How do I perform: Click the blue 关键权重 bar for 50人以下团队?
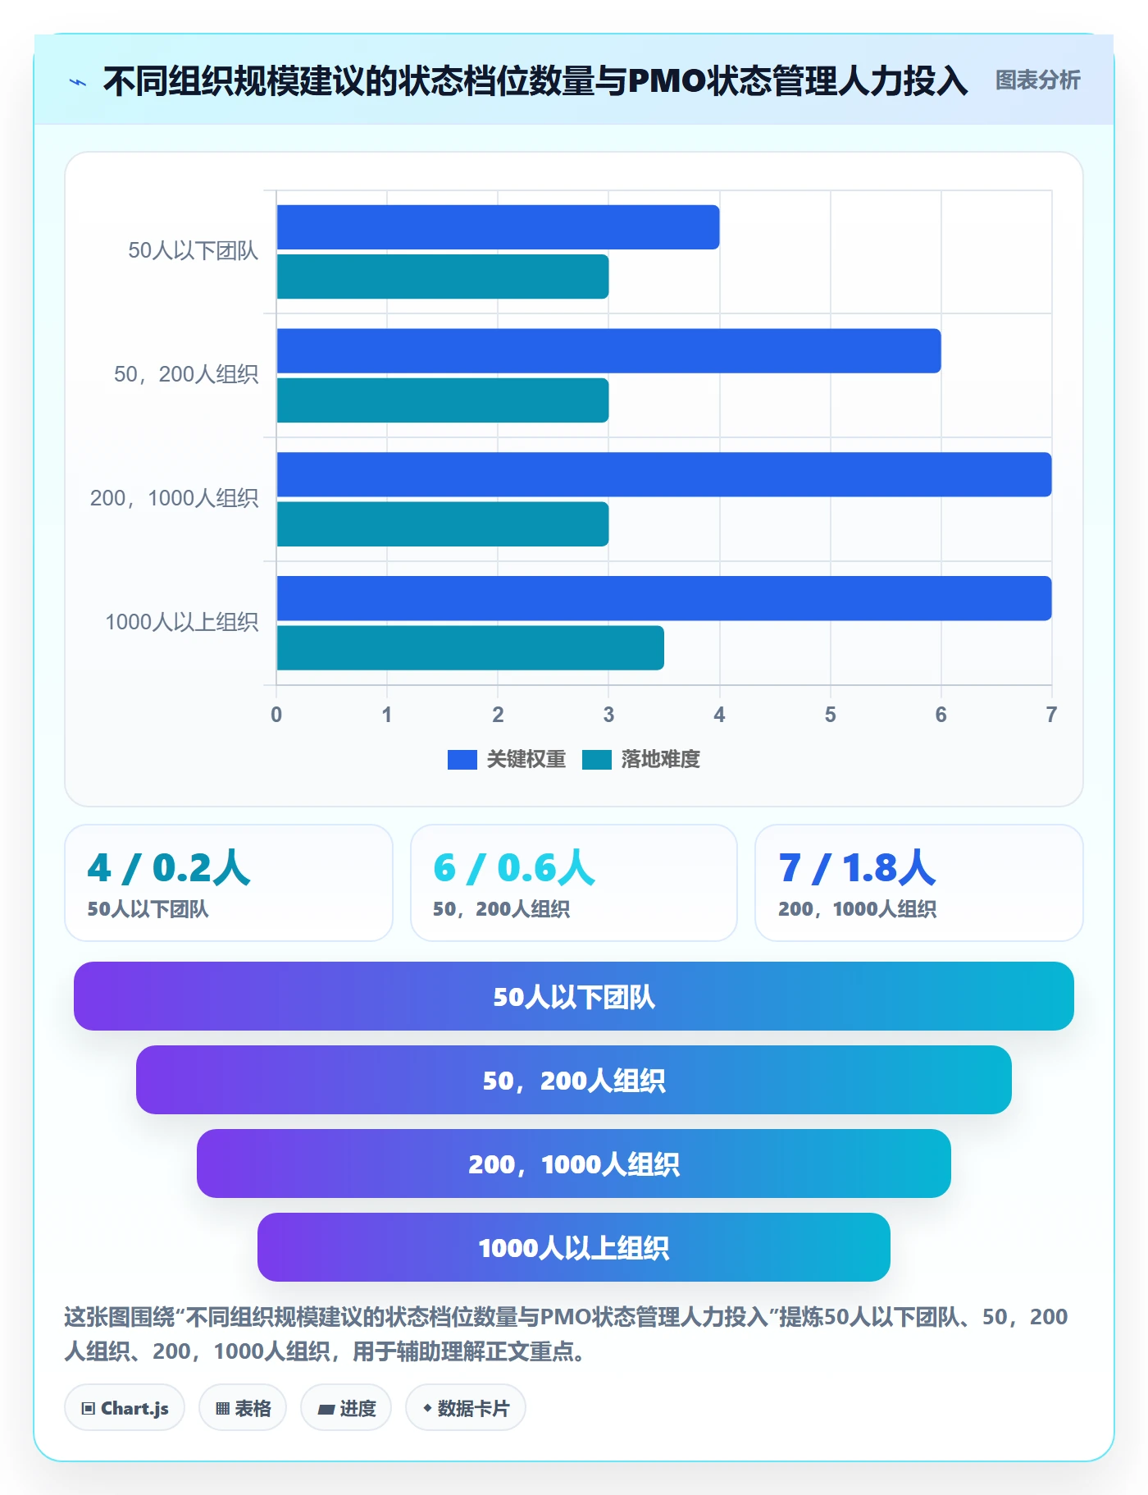point(498,227)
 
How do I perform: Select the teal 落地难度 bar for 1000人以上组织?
point(471,648)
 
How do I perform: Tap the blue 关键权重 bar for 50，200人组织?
point(608,351)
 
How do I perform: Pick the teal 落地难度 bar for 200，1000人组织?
point(443,524)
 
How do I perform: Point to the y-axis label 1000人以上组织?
point(182,622)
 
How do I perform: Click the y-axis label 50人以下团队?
point(194,250)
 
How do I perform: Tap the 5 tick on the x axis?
point(831,715)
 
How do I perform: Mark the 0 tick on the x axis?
point(276,715)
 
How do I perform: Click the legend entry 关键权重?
point(507,759)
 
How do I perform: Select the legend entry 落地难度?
point(641,759)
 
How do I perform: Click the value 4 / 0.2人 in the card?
point(169,868)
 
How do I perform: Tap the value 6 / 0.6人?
point(514,868)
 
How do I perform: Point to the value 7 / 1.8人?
point(858,868)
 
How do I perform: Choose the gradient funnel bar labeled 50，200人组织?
point(574,1080)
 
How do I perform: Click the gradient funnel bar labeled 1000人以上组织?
point(574,1247)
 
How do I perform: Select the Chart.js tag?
point(125,1408)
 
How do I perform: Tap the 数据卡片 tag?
point(466,1408)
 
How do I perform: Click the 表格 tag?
point(243,1408)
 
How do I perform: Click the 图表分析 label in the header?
point(1038,80)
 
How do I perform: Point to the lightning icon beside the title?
point(78,82)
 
